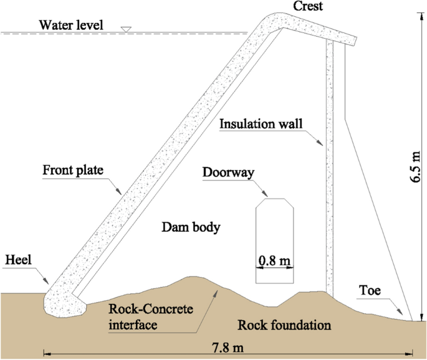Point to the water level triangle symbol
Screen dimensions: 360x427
click(x=126, y=29)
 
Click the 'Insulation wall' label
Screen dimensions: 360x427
click(x=260, y=124)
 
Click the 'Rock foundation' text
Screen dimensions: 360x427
click(x=284, y=325)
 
